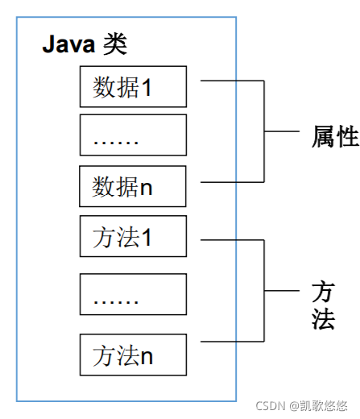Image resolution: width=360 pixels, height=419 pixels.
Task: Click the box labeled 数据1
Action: coord(133,87)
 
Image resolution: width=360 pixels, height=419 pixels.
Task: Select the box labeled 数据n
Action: coord(133,186)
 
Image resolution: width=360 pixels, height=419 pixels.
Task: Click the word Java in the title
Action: coord(69,44)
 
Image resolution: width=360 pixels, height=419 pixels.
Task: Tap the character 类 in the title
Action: coord(115,44)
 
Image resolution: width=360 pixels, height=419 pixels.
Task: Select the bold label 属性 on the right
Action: coord(334,137)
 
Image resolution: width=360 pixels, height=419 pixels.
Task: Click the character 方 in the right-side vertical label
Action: coord(323,292)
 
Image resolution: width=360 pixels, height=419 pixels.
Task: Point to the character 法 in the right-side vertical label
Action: coord(323,319)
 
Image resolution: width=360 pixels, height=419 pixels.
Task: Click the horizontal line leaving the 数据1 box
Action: coord(231,81)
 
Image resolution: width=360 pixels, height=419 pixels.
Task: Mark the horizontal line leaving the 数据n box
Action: coord(231,182)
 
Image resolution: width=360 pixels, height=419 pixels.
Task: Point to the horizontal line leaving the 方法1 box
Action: coord(231,239)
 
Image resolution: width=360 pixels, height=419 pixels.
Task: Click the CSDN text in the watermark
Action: coord(271,406)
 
